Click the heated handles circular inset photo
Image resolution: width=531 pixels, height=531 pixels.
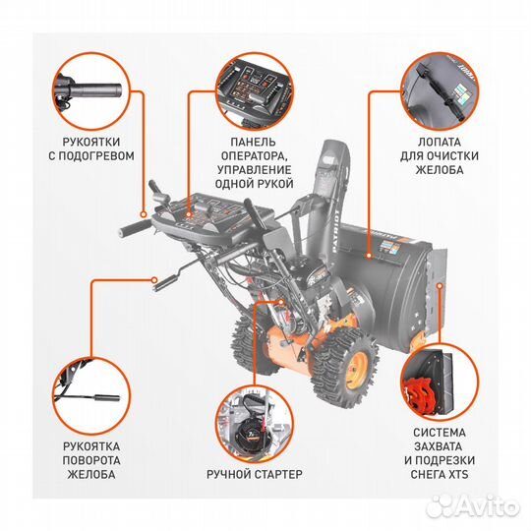point(91,91)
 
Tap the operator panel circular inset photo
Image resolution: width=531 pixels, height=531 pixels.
point(255,91)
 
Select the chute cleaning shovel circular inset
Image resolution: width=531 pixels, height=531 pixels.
point(441,91)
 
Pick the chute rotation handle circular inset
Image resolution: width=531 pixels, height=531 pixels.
point(91,396)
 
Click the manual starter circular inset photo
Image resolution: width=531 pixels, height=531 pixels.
point(255,425)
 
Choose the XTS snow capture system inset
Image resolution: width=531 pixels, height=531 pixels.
point(440,383)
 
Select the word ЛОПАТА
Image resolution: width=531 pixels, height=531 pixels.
point(440,143)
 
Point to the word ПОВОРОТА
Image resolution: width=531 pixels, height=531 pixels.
point(91,460)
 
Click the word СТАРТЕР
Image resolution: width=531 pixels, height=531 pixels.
point(278,474)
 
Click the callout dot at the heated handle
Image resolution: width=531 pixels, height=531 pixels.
point(144,214)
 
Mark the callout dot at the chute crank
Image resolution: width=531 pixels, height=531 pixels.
point(154,280)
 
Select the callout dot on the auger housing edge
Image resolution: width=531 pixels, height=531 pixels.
point(440,286)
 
